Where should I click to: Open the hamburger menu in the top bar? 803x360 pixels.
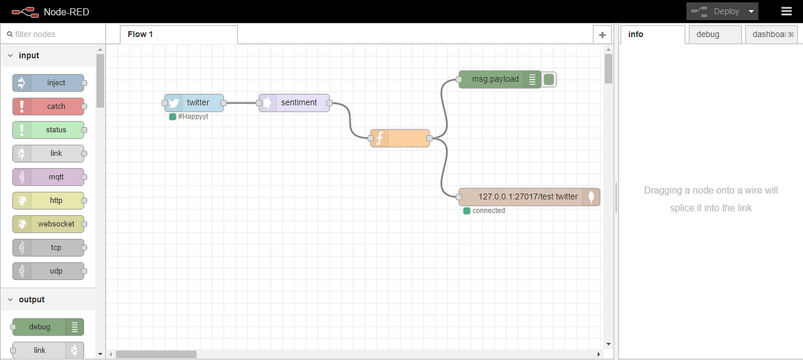pos(786,11)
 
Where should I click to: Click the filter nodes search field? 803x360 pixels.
pos(53,34)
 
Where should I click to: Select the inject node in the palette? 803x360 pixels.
pos(48,83)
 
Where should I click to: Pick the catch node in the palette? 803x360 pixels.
pos(48,106)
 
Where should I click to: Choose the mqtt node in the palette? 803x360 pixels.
pos(48,177)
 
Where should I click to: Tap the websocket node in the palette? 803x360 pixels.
pos(48,224)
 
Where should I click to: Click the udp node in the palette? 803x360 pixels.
pos(48,271)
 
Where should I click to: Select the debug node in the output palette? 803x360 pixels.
pos(47,327)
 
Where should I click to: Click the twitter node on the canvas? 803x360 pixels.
pos(194,103)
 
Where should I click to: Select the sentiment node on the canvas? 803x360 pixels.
pos(294,103)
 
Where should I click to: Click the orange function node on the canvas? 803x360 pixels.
pos(400,138)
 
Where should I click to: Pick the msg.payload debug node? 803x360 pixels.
pos(496,79)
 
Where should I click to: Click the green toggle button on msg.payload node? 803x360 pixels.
pos(549,79)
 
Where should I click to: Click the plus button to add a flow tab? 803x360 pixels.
pos(602,35)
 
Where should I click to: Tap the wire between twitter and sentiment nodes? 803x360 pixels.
pos(242,103)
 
